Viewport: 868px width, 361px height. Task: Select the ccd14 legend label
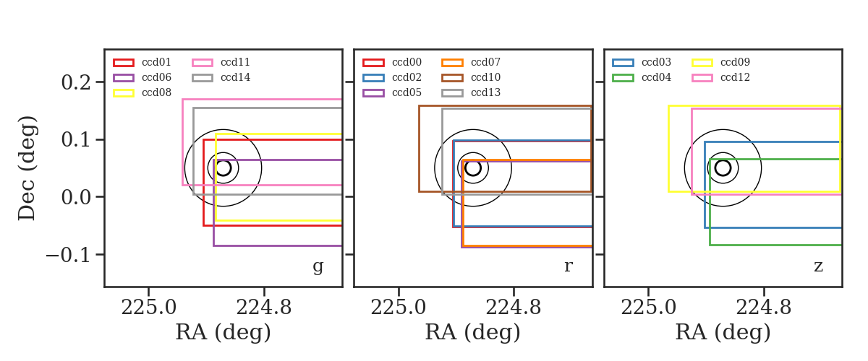[235, 77]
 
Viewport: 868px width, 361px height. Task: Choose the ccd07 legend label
[485, 62]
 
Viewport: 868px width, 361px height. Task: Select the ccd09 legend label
[735, 62]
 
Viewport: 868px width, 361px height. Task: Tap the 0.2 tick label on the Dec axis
[76, 82]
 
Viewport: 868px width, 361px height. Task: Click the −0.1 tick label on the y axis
[68, 255]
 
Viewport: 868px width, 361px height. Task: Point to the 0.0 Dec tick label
[76, 197]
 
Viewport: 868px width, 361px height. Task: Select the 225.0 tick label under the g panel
[149, 308]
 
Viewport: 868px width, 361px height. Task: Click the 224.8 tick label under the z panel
[763, 308]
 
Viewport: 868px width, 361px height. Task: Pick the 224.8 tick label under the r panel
[514, 308]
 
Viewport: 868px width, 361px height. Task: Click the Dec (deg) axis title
[27, 168]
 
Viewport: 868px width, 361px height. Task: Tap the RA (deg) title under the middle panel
[473, 332]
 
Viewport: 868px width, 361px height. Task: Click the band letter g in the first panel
[318, 266]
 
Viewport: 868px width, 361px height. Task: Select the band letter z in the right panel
[818, 266]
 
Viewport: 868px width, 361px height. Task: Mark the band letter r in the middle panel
[568, 266]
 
